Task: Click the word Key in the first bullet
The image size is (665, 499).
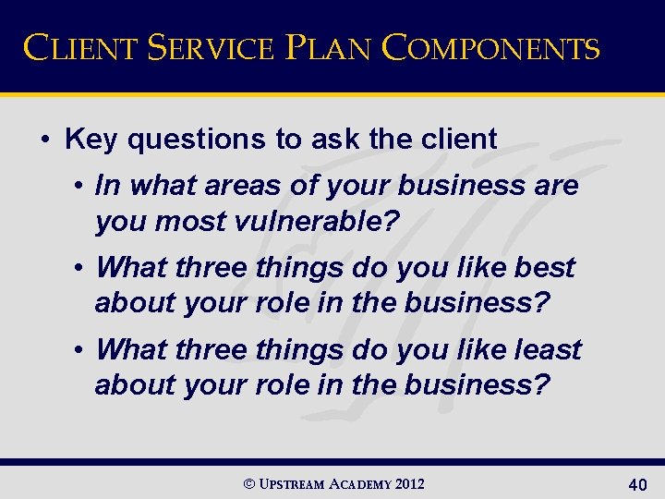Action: tap(91, 140)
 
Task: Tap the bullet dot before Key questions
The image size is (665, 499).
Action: tap(45, 140)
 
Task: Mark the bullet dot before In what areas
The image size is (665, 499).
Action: tap(81, 186)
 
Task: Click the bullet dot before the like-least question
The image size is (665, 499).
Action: tap(81, 350)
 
